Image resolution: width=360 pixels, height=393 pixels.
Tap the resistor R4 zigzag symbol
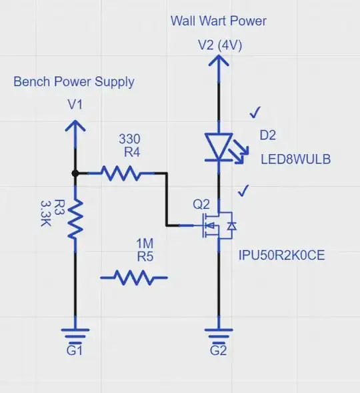(122, 173)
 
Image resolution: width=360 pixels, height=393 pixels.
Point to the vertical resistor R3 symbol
(75, 220)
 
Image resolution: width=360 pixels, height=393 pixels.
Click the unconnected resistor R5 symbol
(133, 276)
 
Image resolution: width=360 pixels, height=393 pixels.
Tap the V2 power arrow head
(219, 63)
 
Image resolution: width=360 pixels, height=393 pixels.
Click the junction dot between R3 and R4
(75, 173)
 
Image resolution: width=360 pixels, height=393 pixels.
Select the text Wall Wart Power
(219, 21)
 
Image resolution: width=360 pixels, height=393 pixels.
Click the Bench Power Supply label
(74, 82)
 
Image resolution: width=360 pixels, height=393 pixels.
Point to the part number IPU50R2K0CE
(282, 255)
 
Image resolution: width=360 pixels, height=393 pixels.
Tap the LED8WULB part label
(295, 160)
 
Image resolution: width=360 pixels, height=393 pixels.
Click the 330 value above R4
(129, 139)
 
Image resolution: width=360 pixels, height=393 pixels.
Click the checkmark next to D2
(255, 113)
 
